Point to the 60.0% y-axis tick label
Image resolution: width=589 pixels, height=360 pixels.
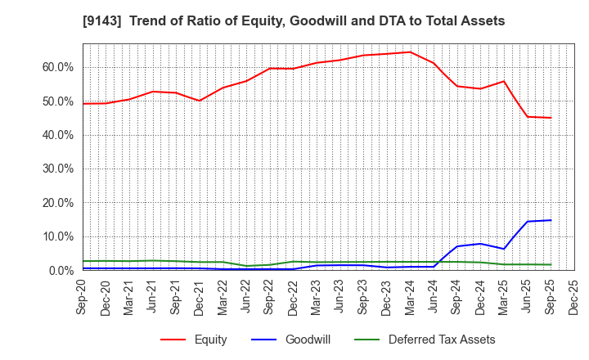pyautogui.click(x=58, y=67)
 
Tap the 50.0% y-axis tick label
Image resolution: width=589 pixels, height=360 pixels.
pyautogui.click(x=58, y=101)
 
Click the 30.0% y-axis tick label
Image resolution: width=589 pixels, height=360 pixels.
pyautogui.click(x=58, y=169)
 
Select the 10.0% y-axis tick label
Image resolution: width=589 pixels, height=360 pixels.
pyautogui.click(x=58, y=236)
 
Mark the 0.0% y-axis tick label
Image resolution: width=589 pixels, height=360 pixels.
pyautogui.click(x=61, y=270)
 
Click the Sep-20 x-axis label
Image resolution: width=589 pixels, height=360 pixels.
pyautogui.click(x=83, y=295)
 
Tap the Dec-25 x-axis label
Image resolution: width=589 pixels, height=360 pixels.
pyautogui.click(x=575, y=295)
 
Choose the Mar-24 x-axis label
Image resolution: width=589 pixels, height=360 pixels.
pyautogui.click(x=411, y=295)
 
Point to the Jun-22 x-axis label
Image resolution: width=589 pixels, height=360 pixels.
pyautogui.click(x=247, y=295)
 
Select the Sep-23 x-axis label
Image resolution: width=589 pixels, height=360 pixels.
pyautogui.click(x=364, y=295)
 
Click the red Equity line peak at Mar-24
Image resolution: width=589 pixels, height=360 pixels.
pyautogui.click(x=411, y=52)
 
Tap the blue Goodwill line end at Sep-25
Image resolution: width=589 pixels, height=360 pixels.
pyautogui.click(x=551, y=220)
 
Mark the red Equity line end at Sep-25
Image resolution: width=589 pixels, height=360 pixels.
pyautogui.click(x=551, y=118)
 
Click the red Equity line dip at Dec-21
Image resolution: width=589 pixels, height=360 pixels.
pyautogui.click(x=200, y=101)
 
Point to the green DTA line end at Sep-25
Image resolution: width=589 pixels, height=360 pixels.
pyautogui.click(x=551, y=264)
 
